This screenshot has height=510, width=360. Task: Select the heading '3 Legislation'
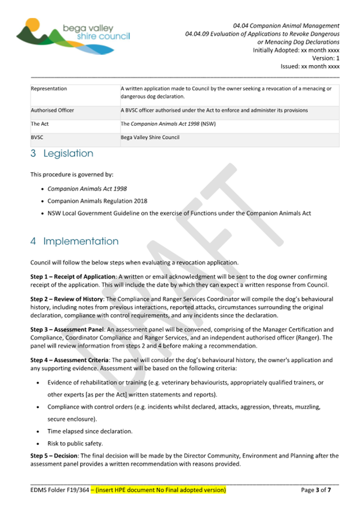[x=62, y=154]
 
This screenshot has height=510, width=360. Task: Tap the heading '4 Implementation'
[x=75, y=241]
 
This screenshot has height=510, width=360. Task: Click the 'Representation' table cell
[x=49, y=89]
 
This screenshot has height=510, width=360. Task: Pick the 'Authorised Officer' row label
[x=53, y=110]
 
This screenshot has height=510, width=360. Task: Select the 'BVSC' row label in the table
[x=38, y=137]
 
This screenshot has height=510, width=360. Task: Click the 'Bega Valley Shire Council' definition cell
[x=150, y=137]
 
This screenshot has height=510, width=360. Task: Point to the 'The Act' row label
[x=40, y=124]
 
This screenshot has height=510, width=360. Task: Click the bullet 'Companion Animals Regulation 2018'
[x=97, y=201]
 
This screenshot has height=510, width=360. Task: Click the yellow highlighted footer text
[x=158, y=490]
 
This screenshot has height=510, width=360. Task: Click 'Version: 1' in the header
[x=325, y=59]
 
